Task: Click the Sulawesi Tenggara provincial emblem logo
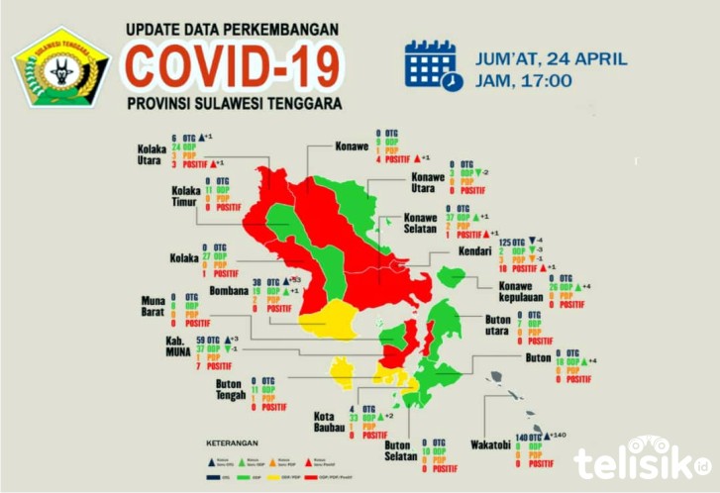click(x=60, y=66)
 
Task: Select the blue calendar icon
click(x=433, y=65)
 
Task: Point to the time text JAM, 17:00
click(x=523, y=80)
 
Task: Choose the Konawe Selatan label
click(x=421, y=224)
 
